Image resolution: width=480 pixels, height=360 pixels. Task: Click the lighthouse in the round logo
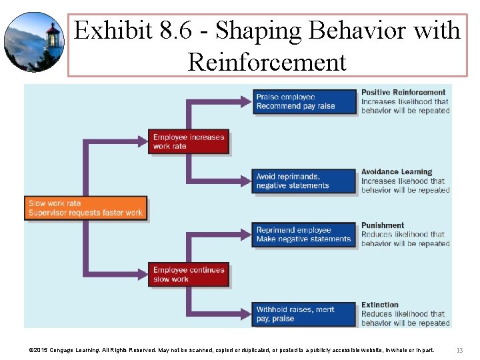click(x=52, y=37)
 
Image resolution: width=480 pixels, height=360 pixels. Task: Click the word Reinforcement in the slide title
click(x=267, y=62)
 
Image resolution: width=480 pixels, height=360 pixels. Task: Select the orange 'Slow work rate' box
click(x=86, y=208)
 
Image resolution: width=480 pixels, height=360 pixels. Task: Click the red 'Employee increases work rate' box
click(x=189, y=141)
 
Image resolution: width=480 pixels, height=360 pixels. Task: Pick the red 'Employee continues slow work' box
click(x=189, y=274)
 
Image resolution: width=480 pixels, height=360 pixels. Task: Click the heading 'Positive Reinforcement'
click(x=403, y=92)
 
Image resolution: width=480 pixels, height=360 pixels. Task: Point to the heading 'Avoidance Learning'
click(x=396, y=172)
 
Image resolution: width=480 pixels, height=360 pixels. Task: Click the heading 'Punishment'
click(x=382, y=225)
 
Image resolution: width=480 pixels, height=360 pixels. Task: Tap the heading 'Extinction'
click(x=379, y=305)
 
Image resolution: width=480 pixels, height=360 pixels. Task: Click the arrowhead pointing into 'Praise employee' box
click(x=248, y=101)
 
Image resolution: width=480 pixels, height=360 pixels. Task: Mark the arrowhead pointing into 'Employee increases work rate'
click(x=143, y=141)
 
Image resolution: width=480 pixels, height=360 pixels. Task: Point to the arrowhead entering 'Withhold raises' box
click(x=248, y=314)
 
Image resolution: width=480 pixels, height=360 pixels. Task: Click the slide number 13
click(x=459, y=350)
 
